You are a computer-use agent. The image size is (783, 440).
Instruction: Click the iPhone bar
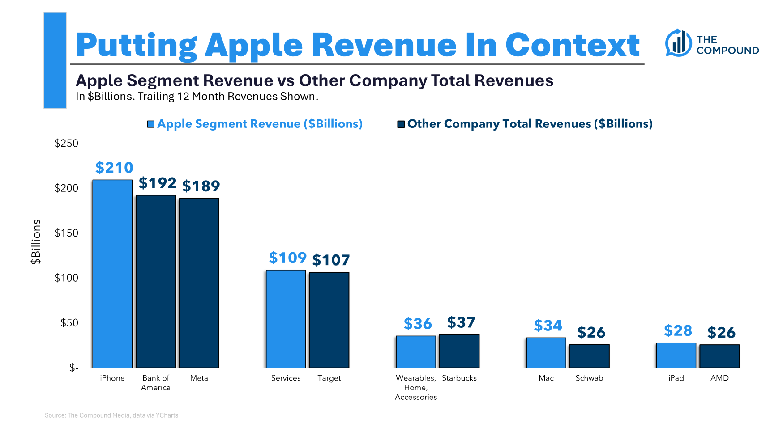click(x=112, y=274)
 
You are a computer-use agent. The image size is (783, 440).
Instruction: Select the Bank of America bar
click(x=156, y=281)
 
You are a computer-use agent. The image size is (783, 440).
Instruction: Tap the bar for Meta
click(x=199, y=283)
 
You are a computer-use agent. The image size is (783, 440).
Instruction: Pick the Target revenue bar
click(x=329, y=320)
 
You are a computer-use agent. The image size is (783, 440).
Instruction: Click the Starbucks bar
click(x=459, y=351)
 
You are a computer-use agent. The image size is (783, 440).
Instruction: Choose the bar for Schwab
click(x=590, y=356)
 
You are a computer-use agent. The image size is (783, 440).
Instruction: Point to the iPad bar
click(x=676, y=355)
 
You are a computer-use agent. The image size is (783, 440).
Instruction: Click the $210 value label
click(x=114, y=168)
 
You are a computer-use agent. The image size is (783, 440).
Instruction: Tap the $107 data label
click(x=331, y=260)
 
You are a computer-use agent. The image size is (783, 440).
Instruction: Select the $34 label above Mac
click(x=548, y=326)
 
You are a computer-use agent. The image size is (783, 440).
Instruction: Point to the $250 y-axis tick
click(x=66, y=144)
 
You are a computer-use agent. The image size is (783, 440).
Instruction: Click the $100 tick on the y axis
click(x=66, y=278)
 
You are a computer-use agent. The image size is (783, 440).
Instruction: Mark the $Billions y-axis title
click(x=36, y=242)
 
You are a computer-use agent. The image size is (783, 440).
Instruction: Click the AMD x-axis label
click(x=719, y=378)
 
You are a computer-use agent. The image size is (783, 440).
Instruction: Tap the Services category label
click(x=286, y=378)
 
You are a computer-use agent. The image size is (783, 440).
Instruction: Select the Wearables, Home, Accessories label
click(x=416, y=387)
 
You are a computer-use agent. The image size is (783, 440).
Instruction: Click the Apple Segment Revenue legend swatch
click(x=151, y=124)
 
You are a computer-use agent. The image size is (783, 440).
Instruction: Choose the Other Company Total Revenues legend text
click(x=530, y=124)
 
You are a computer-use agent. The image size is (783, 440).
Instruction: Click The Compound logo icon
click(x=678, y=43)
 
